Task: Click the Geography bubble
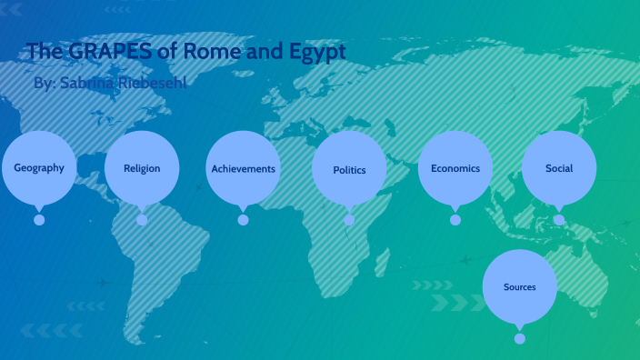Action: (x=39, y=168)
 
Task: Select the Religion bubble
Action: (x=142, y=168)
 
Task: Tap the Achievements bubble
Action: (x=243, y=169)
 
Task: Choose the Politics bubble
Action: (x=349, y=170)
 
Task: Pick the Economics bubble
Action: (x=455, y=168)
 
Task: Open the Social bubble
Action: (x=559, y=168)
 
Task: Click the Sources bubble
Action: (x=519, y=287)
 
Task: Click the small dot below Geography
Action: (x=39, y=220)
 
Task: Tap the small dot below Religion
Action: (x=142, y=220)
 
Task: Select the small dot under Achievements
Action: (x=243, y=220)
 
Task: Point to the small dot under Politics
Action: (x=349, y=220)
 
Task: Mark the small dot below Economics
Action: (x=455, y=220)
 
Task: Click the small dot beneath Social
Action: (x=559, y=220)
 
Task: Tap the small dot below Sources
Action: (x=519, y=338)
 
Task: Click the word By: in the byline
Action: (x=45, y=84)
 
